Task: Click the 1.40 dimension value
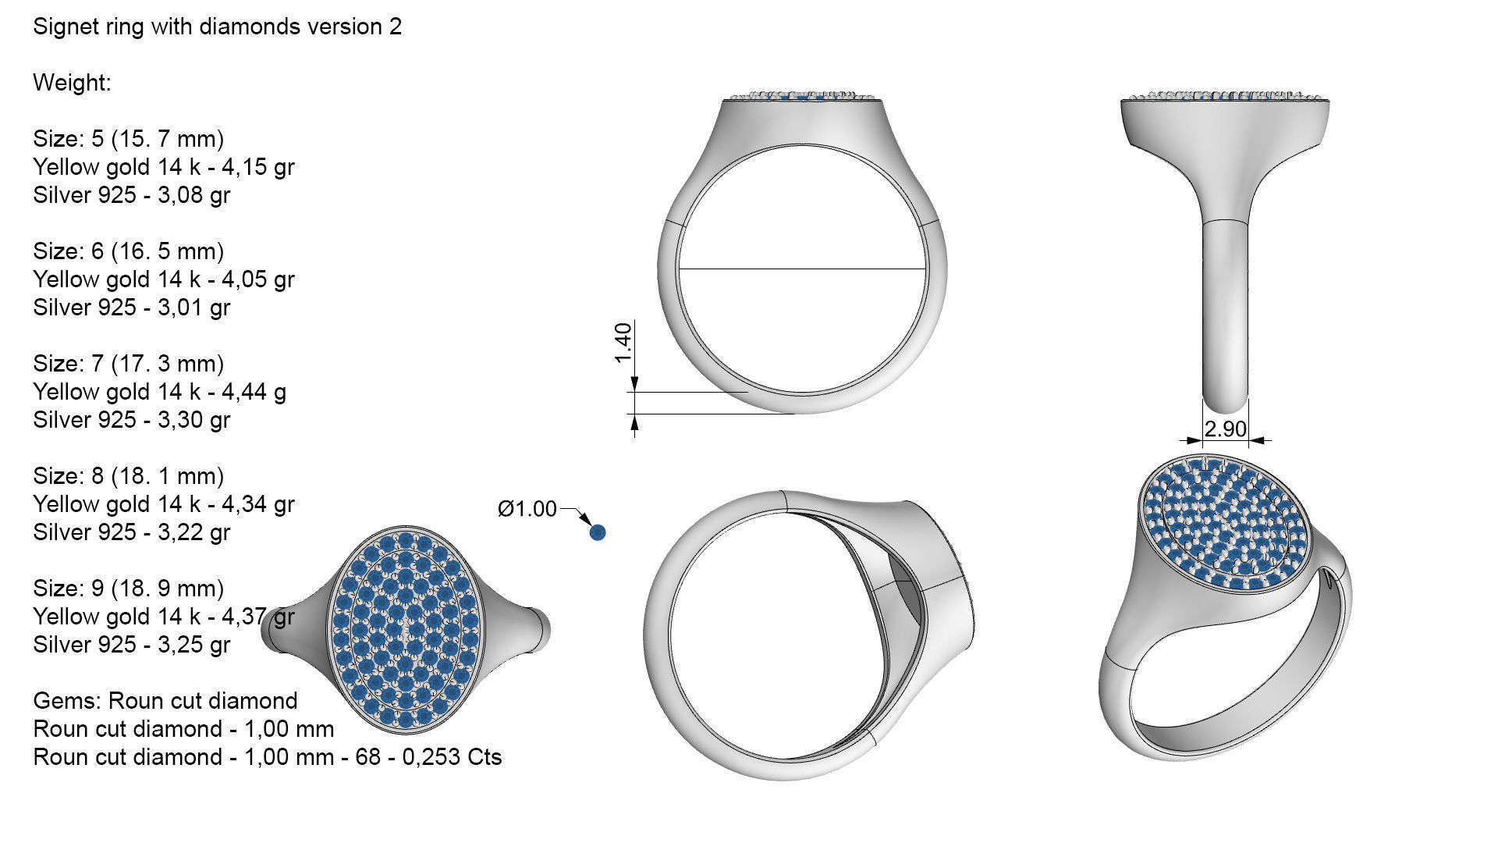(x=623, y=343)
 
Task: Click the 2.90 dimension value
(x=1225, y=429)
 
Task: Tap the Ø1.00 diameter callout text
(x=527, y=509)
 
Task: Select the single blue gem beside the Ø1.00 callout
(x=598, y=532)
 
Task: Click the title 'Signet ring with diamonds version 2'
(x=217, y=27)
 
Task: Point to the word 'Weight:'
(x=72, y=83)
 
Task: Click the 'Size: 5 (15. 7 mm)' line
(x=128, y=139)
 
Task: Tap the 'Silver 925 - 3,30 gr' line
(x=131, y=420)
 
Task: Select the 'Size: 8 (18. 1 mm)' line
(x=128, y=476)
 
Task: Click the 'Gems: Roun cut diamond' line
(x=165, y=701)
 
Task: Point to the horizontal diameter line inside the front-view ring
(x=802, y=269)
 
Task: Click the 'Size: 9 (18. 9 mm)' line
(x=128, y=589)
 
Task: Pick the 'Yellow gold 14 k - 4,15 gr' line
(x=163, y=167)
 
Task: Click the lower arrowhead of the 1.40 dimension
(x=634, y=421)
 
